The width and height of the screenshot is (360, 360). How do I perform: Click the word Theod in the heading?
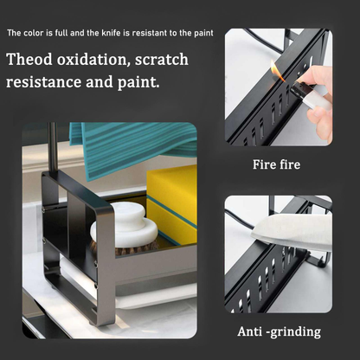pos(29,60)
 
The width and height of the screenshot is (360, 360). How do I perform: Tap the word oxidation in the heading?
pos(92,60)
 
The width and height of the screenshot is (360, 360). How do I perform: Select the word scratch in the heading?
pos(162,60)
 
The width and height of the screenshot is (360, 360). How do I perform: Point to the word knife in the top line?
pos(111,33)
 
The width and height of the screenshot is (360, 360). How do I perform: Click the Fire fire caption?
pos(276,164)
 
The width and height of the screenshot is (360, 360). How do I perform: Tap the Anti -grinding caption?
pos(279,331)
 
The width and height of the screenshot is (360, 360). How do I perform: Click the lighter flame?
pos(276,69)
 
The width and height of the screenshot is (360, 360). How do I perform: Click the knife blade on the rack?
pos(292,232)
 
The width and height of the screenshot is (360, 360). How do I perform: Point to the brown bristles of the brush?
pos(124,248)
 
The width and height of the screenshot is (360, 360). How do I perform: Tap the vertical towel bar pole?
pos(52,147)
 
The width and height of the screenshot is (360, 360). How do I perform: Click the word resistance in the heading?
pos(43,82)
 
